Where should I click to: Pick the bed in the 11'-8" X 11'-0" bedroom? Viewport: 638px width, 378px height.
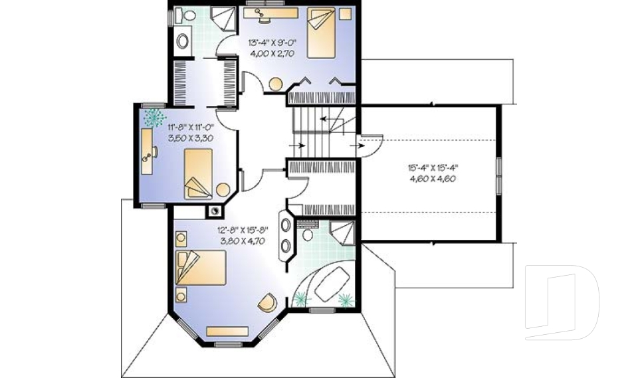tap(198, 173)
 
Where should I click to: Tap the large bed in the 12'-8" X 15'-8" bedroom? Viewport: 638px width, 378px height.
tap(201, 268)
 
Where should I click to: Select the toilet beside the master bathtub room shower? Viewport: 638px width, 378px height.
tap(308, 235)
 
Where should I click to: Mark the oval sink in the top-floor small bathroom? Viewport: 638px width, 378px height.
tap(182, 41)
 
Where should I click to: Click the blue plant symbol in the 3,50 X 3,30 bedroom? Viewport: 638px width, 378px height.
tap(155, 118)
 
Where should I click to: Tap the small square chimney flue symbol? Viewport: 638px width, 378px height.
tap(215, 212)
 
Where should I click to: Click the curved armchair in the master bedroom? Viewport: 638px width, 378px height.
tap(267, 302)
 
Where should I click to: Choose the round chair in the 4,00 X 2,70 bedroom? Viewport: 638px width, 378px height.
tap(274, 84)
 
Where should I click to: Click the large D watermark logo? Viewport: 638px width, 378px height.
tap(562, 302)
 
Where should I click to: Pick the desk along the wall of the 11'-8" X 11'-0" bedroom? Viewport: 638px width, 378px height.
tap(148, 151)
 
